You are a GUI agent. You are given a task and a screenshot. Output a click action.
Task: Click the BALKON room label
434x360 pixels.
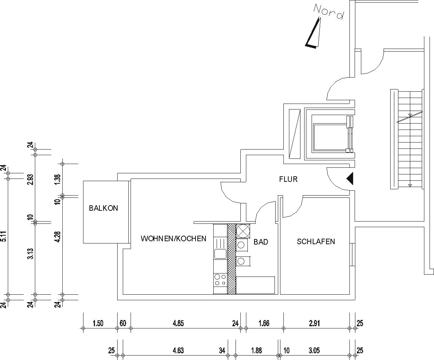tap(103, 208)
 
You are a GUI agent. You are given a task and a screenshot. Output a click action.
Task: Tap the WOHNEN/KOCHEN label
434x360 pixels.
tap(173, 239)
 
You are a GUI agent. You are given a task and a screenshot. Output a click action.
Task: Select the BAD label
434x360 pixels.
tap(261, 242)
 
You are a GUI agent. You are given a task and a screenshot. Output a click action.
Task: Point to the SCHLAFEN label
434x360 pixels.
tap(316, 242)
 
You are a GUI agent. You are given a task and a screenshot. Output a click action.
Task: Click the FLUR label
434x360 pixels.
tap(288, 179)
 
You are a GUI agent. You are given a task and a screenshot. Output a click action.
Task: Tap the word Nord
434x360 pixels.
tap(329, 12)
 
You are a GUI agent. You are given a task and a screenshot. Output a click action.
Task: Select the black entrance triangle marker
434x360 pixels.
tap(350, 179)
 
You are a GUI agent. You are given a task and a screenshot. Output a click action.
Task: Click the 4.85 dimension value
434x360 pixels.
tap(178, 323)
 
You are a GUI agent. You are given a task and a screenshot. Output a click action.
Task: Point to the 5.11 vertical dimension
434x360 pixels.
tap(4, 236)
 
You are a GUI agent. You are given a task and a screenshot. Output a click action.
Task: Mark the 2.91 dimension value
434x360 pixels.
tap(314, 323)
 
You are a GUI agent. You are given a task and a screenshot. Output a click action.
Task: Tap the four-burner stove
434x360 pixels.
tap(220, 279)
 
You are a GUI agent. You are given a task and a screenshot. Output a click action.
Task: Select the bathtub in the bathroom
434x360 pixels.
tap(255, 285)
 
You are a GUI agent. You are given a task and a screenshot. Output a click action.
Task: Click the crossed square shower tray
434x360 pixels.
tap(243, 231)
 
